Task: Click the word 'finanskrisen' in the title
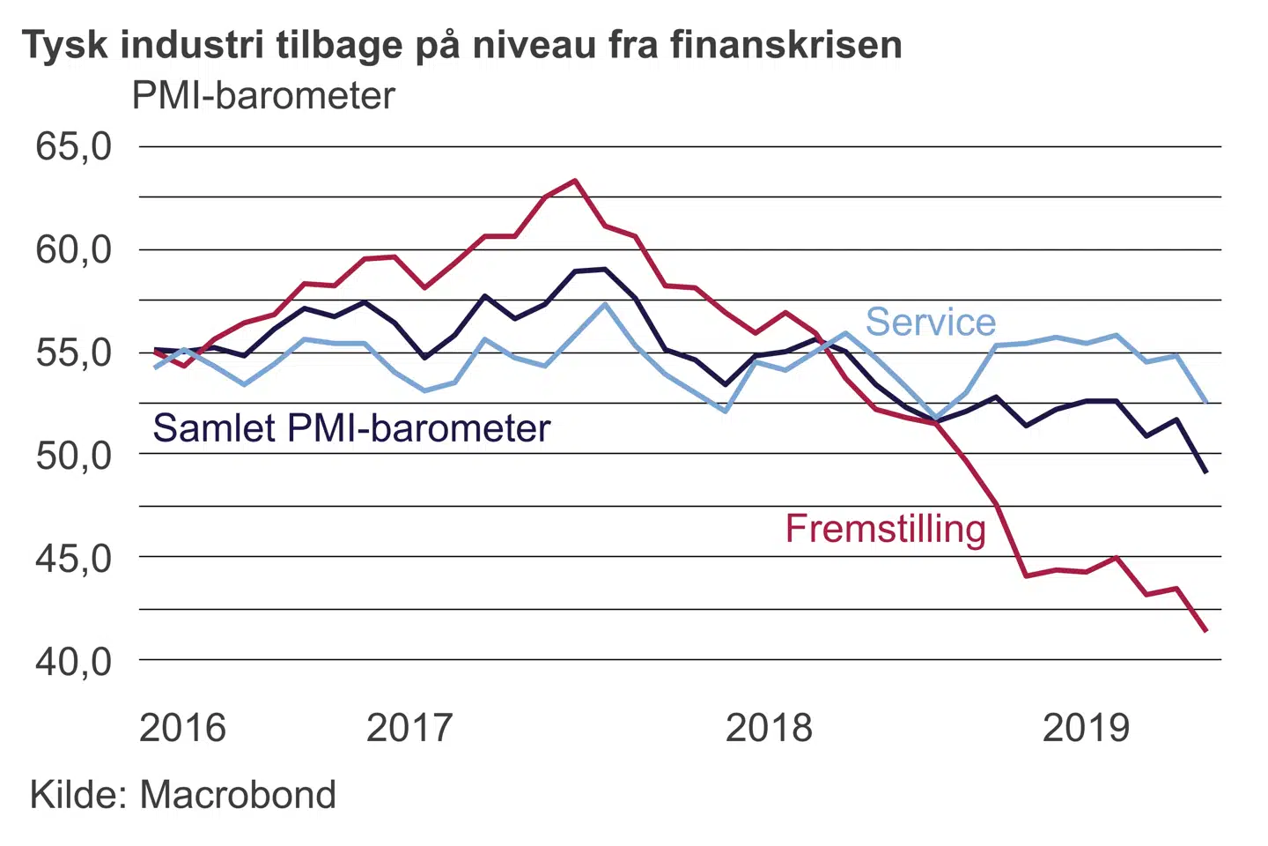click(x=785, y=45)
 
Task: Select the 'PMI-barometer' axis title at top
click(x=263, y=95)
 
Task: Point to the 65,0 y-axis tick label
click(x=74, y=146)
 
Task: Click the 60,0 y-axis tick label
click(x=74, y=250)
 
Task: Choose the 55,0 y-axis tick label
click(x=74, y=352)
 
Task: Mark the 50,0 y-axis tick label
click(x=74, y=455)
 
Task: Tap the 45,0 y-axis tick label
click(x=74, y=558)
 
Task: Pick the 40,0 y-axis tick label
click(x=74, y=661)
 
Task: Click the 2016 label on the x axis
click(x=182, y=728)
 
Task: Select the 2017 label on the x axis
click(x=409, y=728)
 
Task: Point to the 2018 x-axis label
click(x=769, y=728)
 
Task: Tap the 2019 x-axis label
click(x=1086, y=728)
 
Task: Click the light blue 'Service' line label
click(x=930, y=322)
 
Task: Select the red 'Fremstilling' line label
click(x=885, y=529)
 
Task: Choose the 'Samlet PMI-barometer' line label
click(x=351, y=428)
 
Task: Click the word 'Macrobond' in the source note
click(x=238, y=795)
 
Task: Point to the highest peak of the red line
click(x=575, y=181)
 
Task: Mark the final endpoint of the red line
click(x=1205, y=630)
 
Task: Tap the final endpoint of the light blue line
click(x=1205, y=402)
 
